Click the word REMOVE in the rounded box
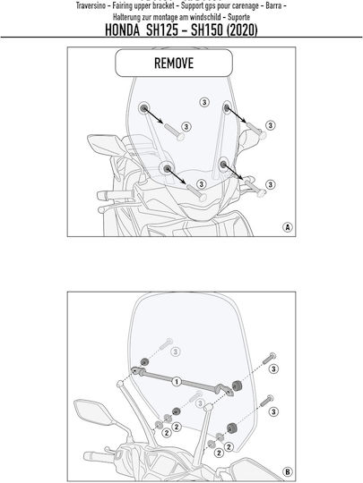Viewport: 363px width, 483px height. pyautogui.click(x=174, y=64)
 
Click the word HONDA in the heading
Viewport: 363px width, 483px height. pyautogui.click(x=122, y=30)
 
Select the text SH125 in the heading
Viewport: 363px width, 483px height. pyautogui.click(x=161, y=30)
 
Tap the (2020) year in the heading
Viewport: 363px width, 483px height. pyautogui.click(x=242, y=30)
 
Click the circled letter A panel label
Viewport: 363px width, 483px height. pyautogui.click(x=288, y=227)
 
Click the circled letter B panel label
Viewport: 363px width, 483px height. pyautogui.click(x=288, y=472)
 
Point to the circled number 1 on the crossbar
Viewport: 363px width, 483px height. pyautogui.click(x=177, y=382)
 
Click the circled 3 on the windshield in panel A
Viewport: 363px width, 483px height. pyautogui.click(x=204, y=102)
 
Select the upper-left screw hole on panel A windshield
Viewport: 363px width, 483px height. pyautogui.click(x=143, y=108)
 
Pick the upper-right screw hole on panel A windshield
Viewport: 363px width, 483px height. pyautogui.click(x=226, y=107)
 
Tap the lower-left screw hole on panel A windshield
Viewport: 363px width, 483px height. pyautogui.click(x=167, y=168)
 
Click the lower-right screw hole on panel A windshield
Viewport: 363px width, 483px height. pyautogui.click(x=223, y=164)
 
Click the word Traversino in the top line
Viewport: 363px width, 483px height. pyautogui.click(x=91, y=6)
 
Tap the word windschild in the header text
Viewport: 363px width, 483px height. pyautogui.click(x=205, y=17)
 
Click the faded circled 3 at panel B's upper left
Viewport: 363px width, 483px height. pyautogui.click(x=176, y=352)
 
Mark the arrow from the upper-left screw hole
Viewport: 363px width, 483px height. pyautogui.click(x=153, y=115)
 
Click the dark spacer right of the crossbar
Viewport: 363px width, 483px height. pyautogui.click(x=237, y=386)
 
